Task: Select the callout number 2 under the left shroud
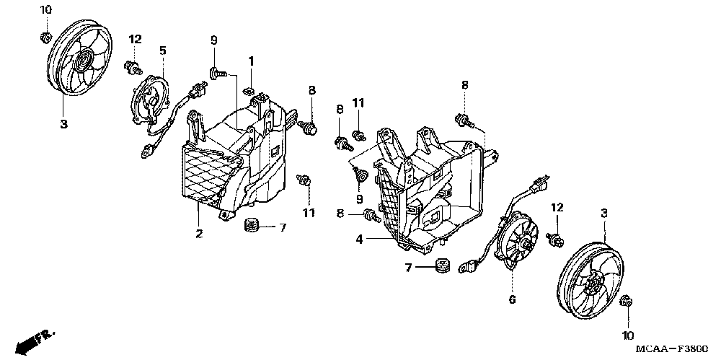click(199, 234)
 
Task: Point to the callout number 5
click(163, 51)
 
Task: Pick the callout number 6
click(512, 299)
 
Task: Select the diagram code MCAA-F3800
click(670, 348)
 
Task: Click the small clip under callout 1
click(247, 91)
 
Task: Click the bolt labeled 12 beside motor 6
click(556, 240)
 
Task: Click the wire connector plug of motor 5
click(193, 92)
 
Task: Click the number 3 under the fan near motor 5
click(63, 125)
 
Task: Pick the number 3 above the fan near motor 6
click(604, 214)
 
